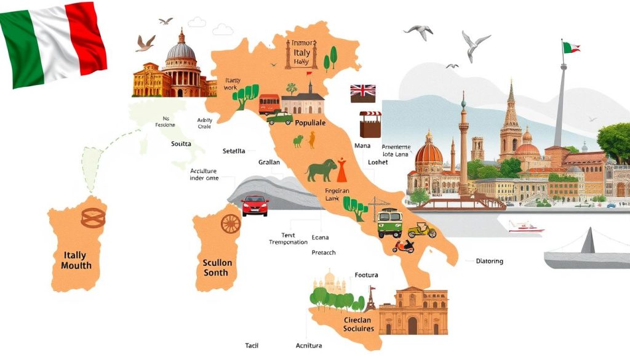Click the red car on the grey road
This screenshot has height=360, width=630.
[255, 205]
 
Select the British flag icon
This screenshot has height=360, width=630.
[363, 93]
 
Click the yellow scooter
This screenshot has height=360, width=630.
[421, 231]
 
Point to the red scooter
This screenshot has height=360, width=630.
[404, 246]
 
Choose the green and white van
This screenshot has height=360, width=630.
[389, 223]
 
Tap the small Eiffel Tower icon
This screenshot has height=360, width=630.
[371, 299]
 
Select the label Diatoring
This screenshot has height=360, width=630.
[489, 261]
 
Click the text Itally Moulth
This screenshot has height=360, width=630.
[76, 260]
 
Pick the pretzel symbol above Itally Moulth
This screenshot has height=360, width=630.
[94, 217]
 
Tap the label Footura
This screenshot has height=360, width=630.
[366, 275]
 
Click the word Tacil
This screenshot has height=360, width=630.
[252, 346]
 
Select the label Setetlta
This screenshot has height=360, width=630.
[234, 151]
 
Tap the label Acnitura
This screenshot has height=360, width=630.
[308, 346]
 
